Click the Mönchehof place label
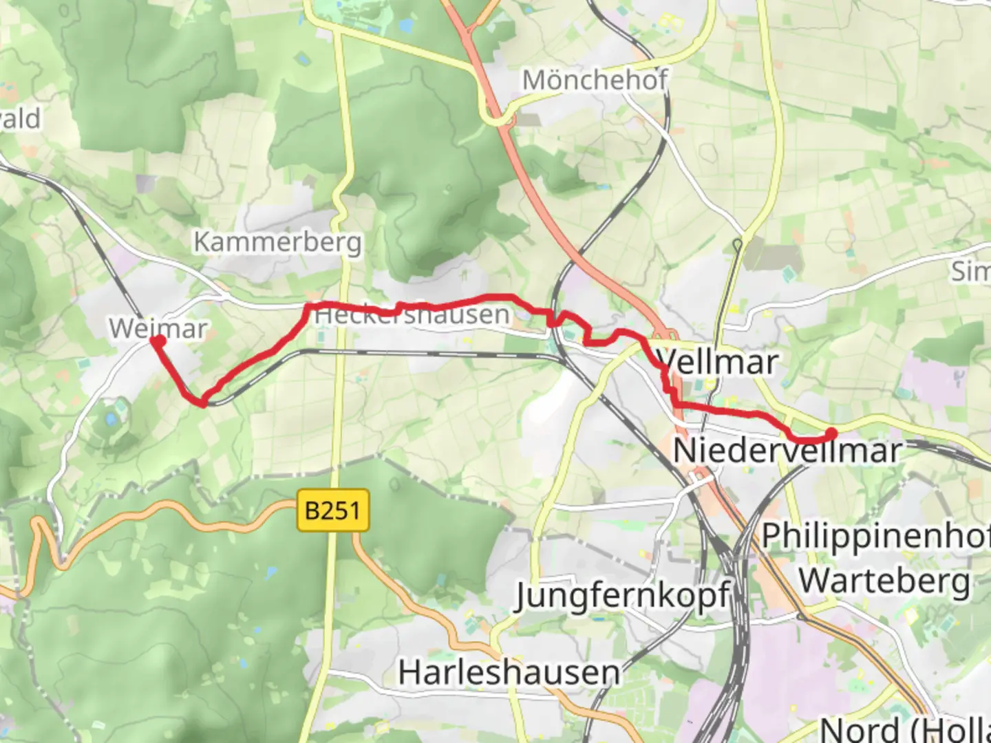[595, 80]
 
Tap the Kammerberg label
[277, 242]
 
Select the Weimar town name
[158, 328]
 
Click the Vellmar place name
[717, 362]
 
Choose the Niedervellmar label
[787, 451]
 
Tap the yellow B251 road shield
[333, 510]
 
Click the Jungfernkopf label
[622, 596]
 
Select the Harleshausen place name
[509, 672]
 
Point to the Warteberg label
[884, 581]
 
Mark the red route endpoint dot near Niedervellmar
[831, 433]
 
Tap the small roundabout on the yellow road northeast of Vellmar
[737, 243]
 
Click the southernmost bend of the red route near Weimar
[204, 402]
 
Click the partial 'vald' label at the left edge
[21, 119]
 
